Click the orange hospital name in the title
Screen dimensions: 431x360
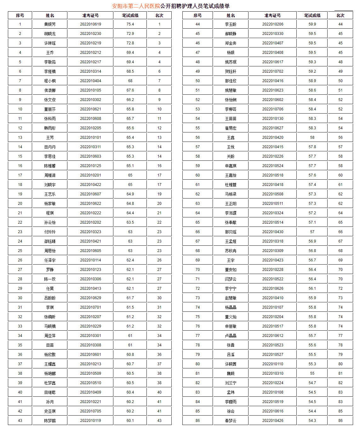pos(136,6)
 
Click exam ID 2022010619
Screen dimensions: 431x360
pos(90,24)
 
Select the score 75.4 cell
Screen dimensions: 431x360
pos(130,24)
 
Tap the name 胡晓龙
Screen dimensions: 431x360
pos(50,34)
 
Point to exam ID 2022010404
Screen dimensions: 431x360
pos(90,81)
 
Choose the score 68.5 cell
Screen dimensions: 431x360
pos(130,71)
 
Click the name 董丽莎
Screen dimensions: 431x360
pos(50,109)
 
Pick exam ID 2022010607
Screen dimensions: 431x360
pos(90,194)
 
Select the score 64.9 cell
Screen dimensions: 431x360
pos(130,194)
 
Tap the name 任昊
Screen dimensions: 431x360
pos(50,288)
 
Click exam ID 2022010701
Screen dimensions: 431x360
pos(90,307)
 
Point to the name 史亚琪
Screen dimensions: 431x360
pos(50,411)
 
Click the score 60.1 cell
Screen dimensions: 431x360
pos(130,421)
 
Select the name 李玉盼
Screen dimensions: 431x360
pos(231,24)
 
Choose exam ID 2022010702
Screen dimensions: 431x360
pos(273,71)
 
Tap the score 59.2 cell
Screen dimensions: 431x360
pos(312,71)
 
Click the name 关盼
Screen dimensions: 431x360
pos(231,156)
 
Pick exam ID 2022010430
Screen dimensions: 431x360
pos(273,232)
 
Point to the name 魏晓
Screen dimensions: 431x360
pos(231,373)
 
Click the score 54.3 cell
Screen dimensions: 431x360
pos(312,421)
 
